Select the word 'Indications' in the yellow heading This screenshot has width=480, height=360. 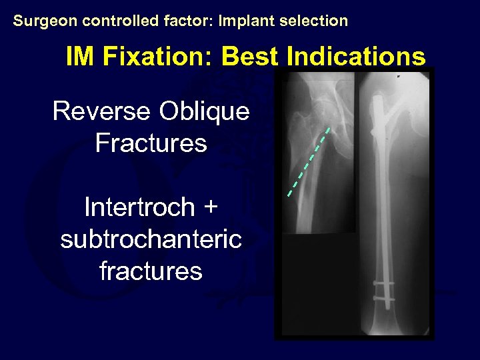355,57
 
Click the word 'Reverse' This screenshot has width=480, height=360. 102,111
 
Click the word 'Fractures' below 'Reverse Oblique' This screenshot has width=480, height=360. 151,143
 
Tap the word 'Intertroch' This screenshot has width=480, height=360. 139,207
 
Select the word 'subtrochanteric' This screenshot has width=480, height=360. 151,239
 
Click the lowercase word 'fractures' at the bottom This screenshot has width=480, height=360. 151,271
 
